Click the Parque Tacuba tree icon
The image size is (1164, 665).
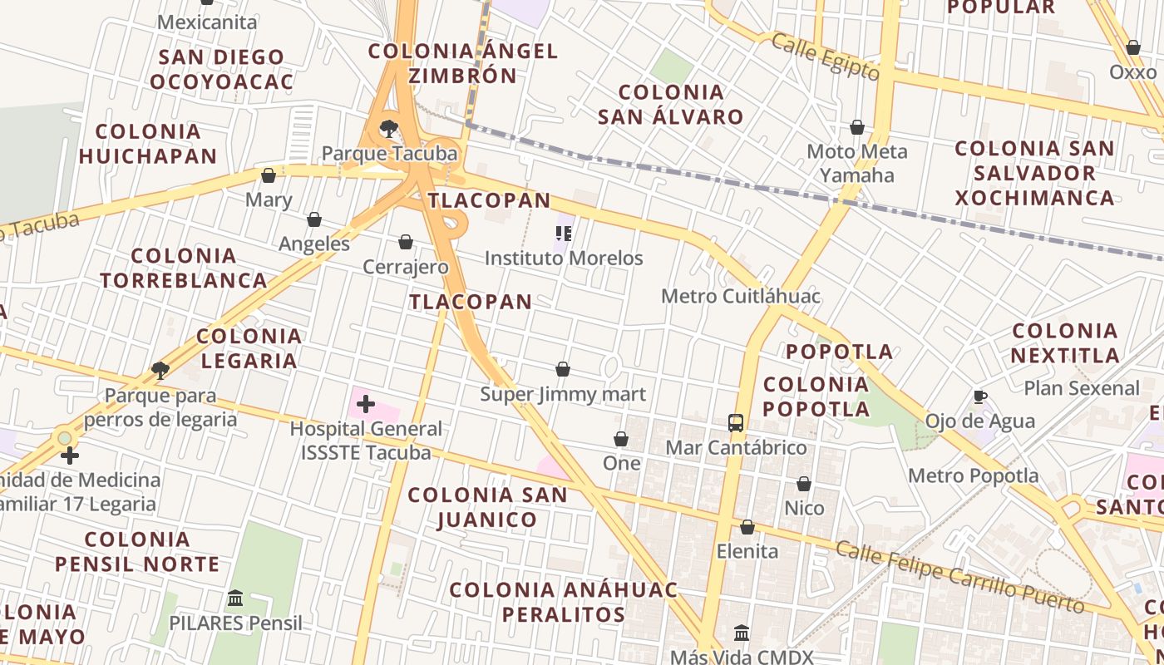pos(388,129)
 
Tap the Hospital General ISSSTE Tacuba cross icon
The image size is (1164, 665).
pos(365,405)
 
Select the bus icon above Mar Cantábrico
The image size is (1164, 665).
pos(736,423)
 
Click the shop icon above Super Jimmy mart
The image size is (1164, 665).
pos(563,369)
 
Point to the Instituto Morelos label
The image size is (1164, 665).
pos(564,259)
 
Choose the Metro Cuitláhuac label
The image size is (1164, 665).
pos(741,297)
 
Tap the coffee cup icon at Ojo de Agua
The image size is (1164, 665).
pos(980,397)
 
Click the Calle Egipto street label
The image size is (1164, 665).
pos(825,57)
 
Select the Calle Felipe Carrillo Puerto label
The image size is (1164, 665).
pos(960,577)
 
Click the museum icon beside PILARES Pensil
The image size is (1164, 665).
pos(235,598)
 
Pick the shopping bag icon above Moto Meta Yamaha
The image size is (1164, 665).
pos(857,127)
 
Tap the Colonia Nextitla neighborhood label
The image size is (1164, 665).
pos(1065,343)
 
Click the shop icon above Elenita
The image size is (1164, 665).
pos(747,527)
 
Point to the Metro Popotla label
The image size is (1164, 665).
pos(973,476)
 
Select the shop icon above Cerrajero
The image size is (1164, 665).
pos(406,242)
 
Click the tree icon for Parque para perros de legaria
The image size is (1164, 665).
pos(160,371)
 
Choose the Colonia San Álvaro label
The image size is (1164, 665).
pos(671,104)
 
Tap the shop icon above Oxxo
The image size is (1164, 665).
pos(1132,47)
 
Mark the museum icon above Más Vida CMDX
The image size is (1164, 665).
pos(742,633)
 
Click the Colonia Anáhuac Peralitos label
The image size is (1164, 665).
pos(563,602)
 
